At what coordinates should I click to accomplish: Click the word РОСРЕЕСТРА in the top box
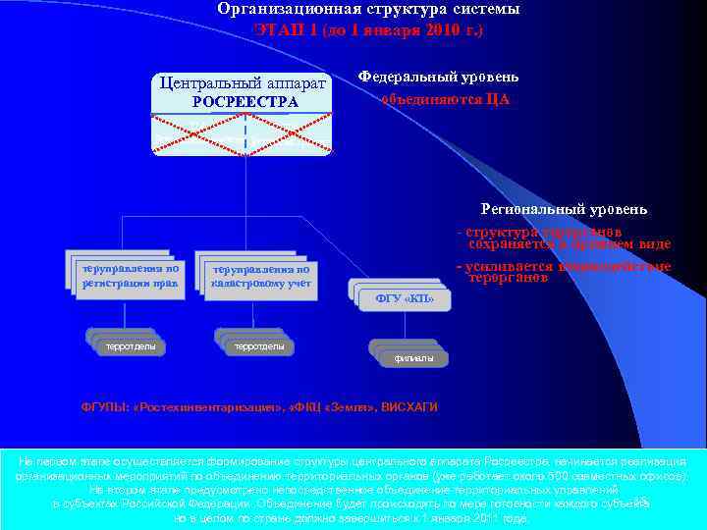click(245, 101)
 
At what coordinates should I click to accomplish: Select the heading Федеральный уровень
click(438, 77)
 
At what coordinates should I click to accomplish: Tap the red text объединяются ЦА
click(445, 99)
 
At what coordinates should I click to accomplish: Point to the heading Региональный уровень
click(564, 209)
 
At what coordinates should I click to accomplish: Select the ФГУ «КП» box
click(405, 298)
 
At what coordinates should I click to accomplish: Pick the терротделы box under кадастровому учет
click(259, 346)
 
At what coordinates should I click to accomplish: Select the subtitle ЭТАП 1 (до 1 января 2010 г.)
click(367, 29)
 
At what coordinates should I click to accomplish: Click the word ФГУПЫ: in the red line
click(104, 406)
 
